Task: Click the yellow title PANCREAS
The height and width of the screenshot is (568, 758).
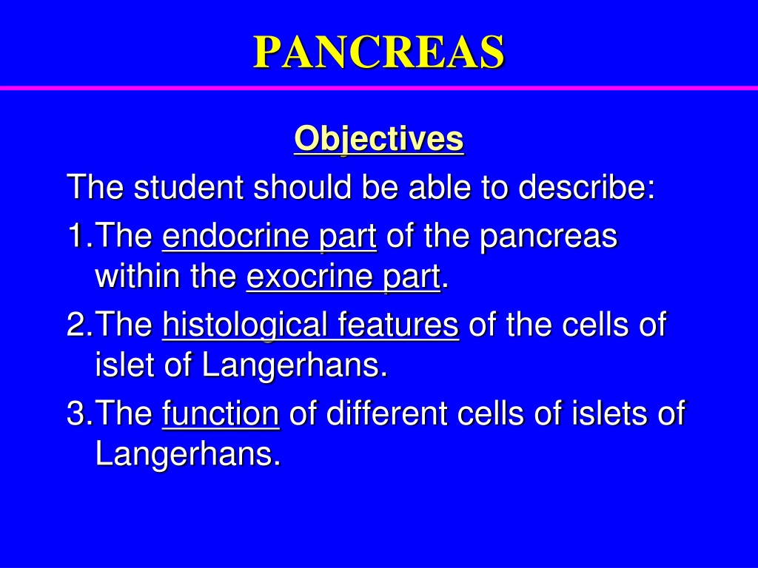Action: coord(379,52)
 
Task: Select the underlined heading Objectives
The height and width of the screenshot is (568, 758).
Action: coord(379,139)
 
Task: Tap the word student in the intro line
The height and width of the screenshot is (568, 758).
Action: coord(189,187)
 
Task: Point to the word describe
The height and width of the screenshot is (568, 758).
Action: coord(586,187)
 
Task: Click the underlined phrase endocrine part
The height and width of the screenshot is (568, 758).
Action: coord(269,237)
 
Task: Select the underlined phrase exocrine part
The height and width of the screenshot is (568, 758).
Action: coord(343,277)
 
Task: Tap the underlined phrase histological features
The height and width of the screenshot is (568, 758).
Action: coord(310,325)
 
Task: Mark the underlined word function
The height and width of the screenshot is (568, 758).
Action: coord(221,414)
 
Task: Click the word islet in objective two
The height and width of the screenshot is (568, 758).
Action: coord(124,365)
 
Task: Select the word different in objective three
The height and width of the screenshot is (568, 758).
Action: coord(386,413)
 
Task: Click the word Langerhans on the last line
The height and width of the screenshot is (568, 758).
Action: coord(188,455)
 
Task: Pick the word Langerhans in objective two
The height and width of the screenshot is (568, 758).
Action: coord(295,366)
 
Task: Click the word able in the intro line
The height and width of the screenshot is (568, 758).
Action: coord(440,187)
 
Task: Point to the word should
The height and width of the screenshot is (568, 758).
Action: coord(302,187)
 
